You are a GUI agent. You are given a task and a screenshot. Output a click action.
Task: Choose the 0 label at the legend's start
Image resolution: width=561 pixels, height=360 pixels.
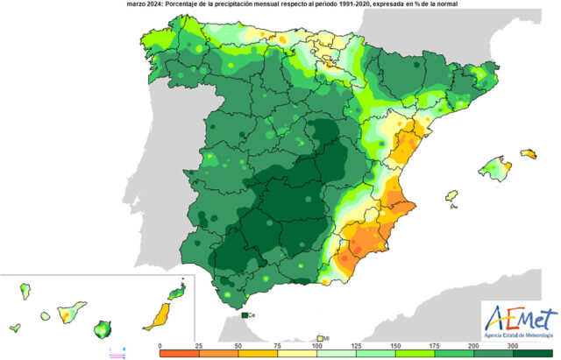click(160, 348)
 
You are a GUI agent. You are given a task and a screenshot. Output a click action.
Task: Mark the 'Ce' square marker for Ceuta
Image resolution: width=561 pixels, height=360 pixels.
click(245, 314)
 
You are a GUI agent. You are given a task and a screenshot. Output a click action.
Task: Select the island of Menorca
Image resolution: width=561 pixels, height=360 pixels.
click(529, 154)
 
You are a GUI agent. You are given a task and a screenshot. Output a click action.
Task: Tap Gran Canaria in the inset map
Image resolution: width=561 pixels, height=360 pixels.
click(104, 329)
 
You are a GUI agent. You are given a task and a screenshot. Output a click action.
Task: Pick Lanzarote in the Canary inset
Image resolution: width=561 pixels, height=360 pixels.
click(179, 291)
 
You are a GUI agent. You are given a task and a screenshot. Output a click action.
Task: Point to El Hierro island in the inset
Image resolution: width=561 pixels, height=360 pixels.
click(15, 328)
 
